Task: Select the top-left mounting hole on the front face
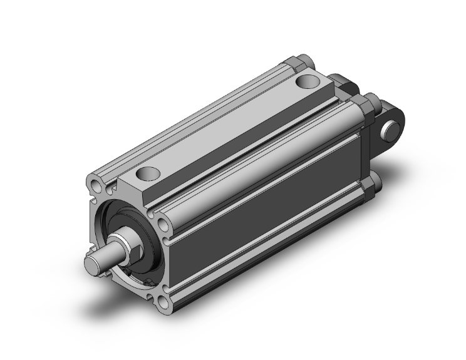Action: [95, 186]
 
